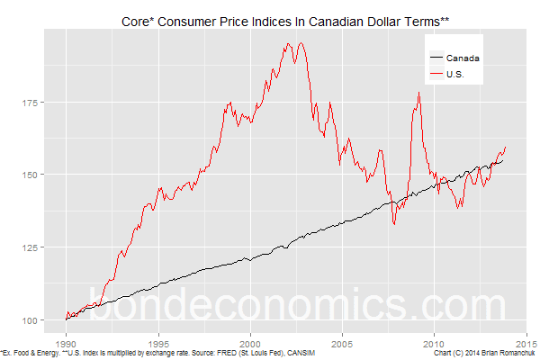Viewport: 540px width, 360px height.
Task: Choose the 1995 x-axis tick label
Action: [x=158, y=343]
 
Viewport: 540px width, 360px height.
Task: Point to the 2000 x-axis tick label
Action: [x=251, y=343]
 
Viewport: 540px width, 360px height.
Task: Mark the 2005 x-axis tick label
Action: [x=343, y=343]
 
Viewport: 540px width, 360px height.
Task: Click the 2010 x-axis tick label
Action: [x=435, y=343]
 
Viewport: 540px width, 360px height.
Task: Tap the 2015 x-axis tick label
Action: [x=526, y=343]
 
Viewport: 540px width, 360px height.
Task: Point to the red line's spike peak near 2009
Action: [x=418, y=93]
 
